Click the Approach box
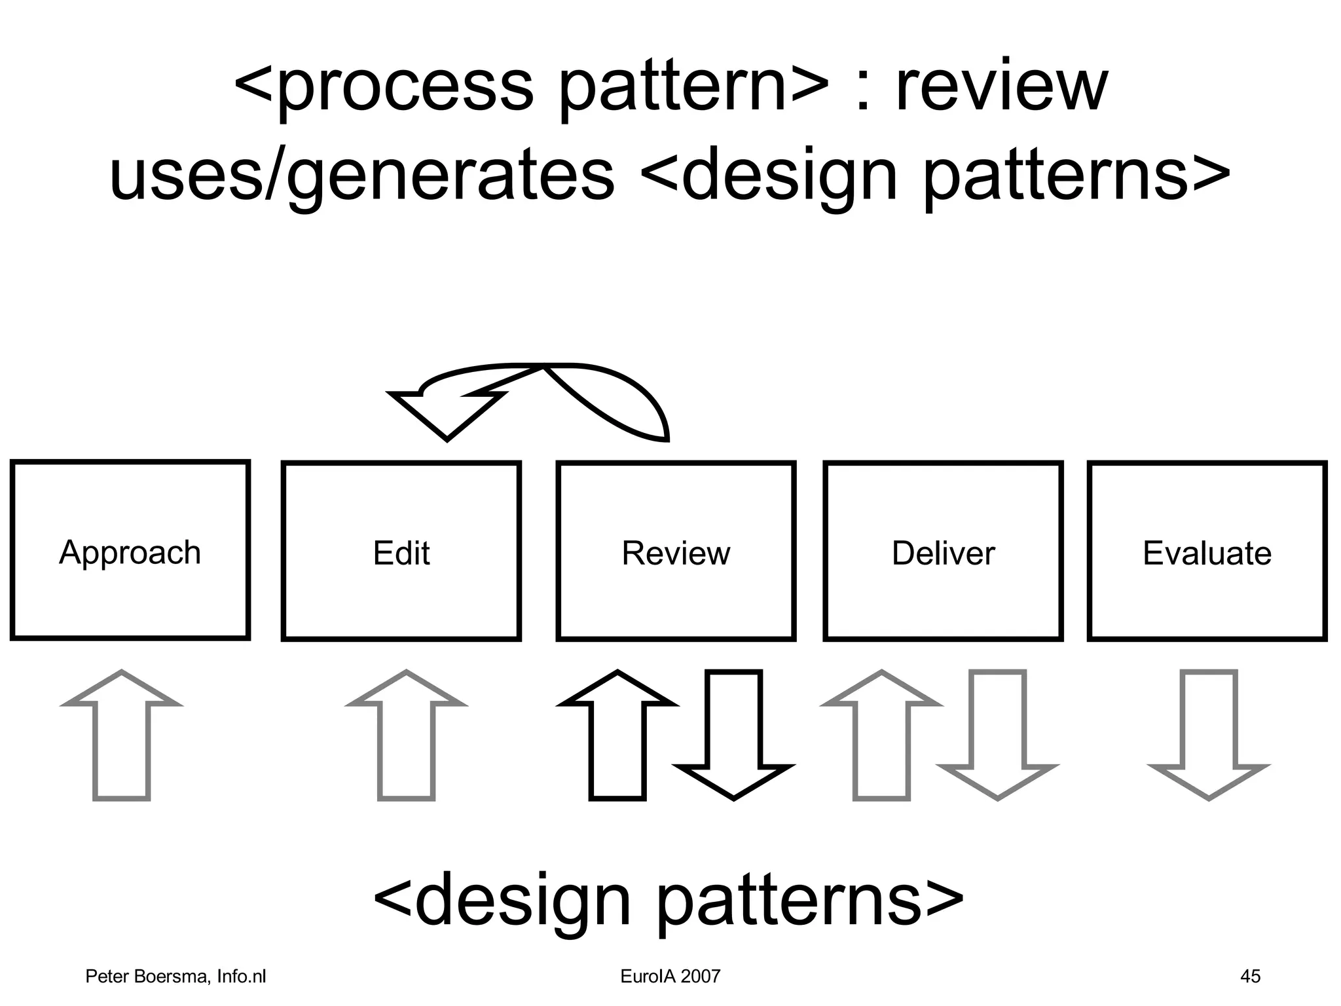(x=130, y=550)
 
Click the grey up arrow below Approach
(x=122, y=740)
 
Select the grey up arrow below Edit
(x=407, y=740)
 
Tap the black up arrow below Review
(x=617, y=740)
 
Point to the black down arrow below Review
(x=733, y=734)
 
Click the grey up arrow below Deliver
(x=881, y=740)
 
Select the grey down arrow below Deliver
(x=997, y=734)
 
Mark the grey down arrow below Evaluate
(x=1209, y=734)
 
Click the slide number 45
(x=1250, y=977)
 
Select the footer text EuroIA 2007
(x=670, y=977)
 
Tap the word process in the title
(x=406, y=88)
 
